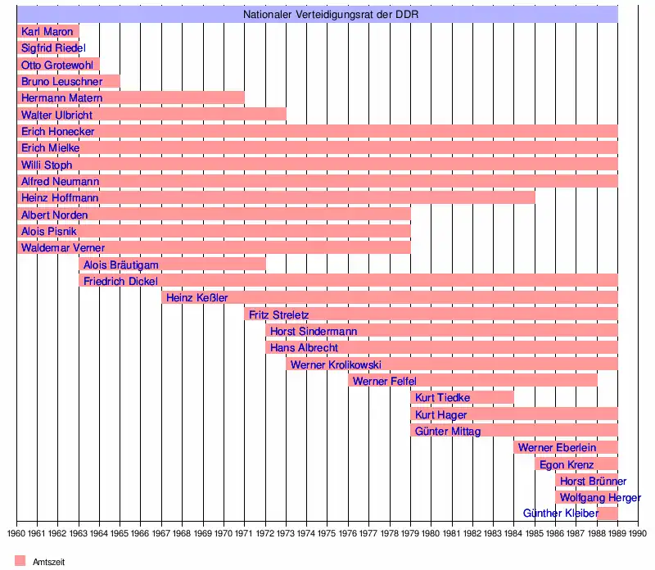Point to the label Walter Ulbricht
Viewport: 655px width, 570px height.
tap(56, 115)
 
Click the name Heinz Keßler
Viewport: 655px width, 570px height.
tap(196, 298)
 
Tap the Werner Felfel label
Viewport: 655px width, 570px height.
tap(384, 382)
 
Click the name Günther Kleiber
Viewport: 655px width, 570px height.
tap(561, 514)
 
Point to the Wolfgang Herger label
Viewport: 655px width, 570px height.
tap(600, 498)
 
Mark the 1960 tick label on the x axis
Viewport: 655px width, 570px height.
tap(16, 533)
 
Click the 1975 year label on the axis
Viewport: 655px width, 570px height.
tap(327, 533)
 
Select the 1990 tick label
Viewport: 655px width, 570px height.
tap(638, 533)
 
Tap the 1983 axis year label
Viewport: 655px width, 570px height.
tap(493, 533)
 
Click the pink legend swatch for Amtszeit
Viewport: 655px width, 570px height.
tap(20, 561)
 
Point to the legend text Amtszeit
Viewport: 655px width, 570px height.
tap(48, 562)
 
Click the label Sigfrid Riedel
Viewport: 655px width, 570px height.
tap(53, 48)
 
